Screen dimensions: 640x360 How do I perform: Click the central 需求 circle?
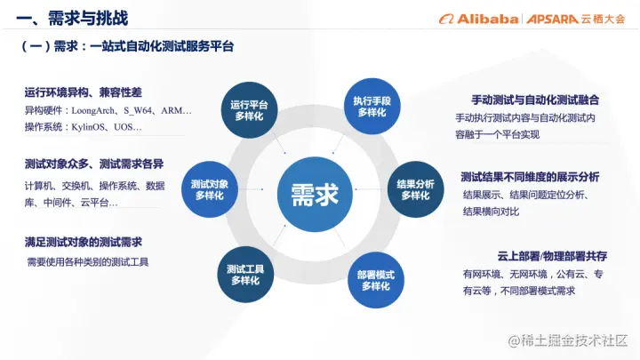click(315, 195)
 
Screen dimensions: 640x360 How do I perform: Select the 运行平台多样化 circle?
click(249, 110)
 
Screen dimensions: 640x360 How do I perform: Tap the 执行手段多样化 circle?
click(372, 106)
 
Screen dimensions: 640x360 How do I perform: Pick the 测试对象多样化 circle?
click(210, 189)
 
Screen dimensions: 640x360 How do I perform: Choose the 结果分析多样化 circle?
click(415, 189)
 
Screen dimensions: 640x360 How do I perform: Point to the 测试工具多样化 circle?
click(245, 275)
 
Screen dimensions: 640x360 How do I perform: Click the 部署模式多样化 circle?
click(376, 280)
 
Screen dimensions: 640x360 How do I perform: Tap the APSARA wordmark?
click(552, 20)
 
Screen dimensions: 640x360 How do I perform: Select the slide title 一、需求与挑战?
click(72, 18)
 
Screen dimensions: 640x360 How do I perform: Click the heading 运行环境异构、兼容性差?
click(83, 92)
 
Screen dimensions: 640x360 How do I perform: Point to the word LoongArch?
click(93, 110)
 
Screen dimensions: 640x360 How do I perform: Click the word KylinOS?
click(88, 127)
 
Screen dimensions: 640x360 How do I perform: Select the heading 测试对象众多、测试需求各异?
click(94, 164)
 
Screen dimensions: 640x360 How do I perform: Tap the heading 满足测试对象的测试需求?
click(84, 242)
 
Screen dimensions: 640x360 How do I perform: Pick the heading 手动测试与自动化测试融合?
click(535, 100)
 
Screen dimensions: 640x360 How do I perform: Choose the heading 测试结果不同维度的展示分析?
click(530, 177)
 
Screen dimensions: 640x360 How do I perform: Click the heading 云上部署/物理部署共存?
click(552, 256)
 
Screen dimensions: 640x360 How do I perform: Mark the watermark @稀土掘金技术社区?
click(567, 340)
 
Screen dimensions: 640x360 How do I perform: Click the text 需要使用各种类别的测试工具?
click(88, 261)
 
